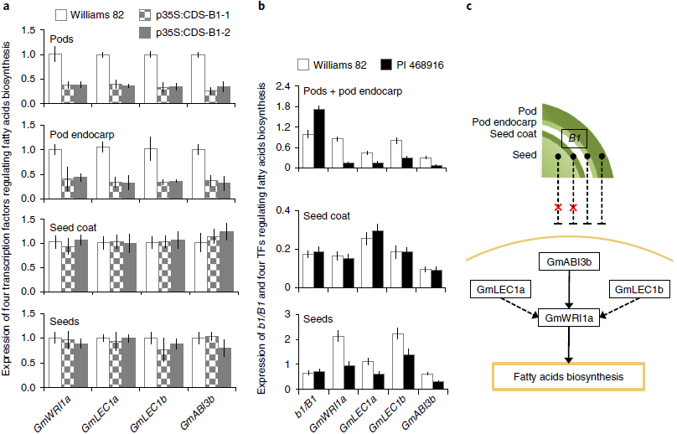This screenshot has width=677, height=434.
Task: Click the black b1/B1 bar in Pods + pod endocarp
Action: [x=319, y=138]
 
